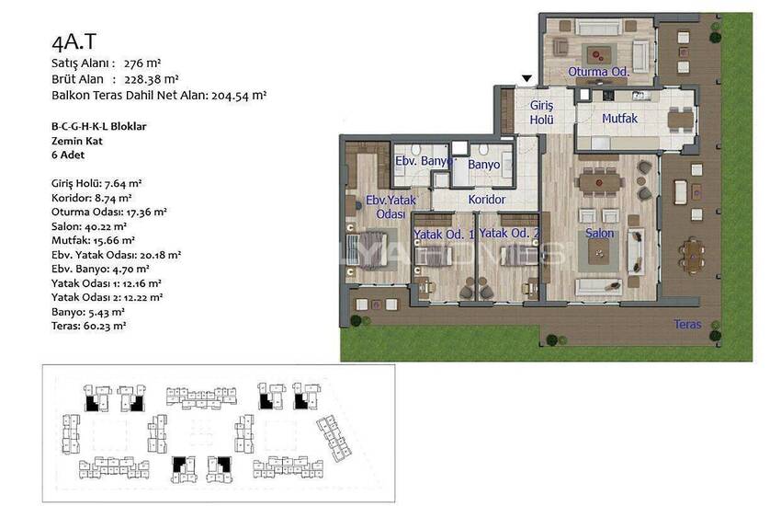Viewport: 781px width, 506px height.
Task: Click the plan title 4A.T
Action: tap(74, 42)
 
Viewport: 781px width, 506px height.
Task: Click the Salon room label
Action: tap(599, 233)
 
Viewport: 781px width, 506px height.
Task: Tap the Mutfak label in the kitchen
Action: tap(619, 118)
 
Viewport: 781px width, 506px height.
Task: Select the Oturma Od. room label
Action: tap(599, 71)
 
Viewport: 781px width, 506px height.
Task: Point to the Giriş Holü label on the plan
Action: tap(541, 112)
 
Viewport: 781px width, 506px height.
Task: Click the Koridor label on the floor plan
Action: tap(487, 199)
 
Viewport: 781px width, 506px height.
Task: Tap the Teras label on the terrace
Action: tap(687, 324)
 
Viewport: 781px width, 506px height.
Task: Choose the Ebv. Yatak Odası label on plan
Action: tap(390, 206)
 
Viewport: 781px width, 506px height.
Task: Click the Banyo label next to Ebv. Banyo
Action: tap(483, 165)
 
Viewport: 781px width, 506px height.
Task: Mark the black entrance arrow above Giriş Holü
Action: tap(526, 78)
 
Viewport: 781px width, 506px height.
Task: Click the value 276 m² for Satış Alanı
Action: tap(142, 63)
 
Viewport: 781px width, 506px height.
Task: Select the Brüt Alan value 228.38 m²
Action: tap(152, 79)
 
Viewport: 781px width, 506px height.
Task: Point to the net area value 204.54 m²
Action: tap(239, 95)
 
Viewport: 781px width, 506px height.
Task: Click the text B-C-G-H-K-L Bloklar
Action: tap(99, 126)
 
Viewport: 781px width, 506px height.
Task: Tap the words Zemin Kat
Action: tap(76, 141)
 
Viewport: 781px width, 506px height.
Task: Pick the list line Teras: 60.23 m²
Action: tap(88, 326)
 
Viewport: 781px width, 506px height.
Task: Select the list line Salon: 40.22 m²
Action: tap(89, 225)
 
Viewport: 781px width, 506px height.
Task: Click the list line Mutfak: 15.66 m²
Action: tap(93, 240)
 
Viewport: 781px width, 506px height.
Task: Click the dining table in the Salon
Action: tap(599, 182)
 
